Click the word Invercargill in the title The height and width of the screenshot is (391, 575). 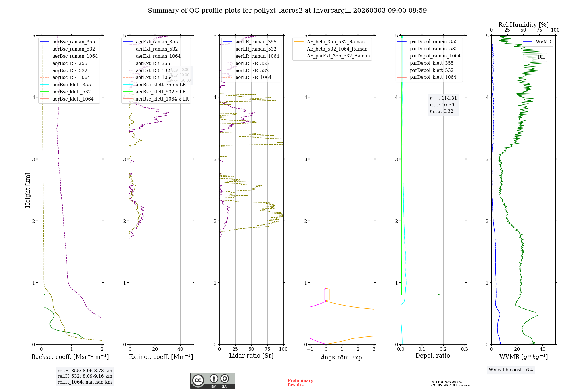point(332,11)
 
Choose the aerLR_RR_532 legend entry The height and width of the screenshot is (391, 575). point(252,70)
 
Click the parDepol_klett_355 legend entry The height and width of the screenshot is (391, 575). point(432,63)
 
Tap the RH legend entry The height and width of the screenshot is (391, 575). point(541,57)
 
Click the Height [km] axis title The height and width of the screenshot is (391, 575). point(28,190)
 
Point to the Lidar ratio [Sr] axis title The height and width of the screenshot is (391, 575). point(251,356)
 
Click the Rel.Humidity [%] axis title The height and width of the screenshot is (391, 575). point(523,25)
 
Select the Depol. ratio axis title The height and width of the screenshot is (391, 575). point(432,356)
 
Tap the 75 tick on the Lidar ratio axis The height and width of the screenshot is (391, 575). point(267,349)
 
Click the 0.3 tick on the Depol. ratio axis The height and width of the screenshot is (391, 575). point(464,349)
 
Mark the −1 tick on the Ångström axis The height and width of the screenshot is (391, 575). point(310,349)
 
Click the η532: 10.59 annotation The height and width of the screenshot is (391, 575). point(442,105)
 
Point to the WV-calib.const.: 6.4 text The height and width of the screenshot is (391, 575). point(511,370)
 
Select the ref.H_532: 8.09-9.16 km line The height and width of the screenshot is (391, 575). point(85,376)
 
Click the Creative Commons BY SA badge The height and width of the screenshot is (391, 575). point(212,381)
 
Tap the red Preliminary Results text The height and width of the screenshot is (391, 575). point(300,382)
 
